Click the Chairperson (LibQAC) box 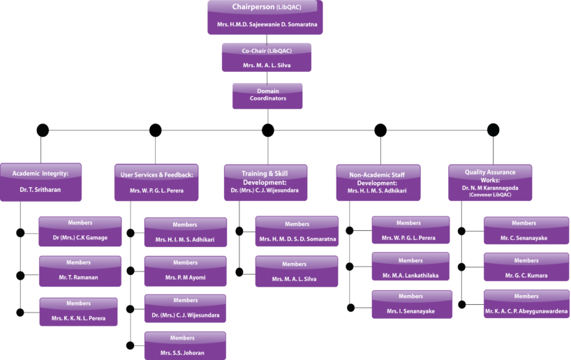pos(265,17)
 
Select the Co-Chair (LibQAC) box pos(266,57)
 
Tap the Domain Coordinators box pos(267,96)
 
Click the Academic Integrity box pos(40,181)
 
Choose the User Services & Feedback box pos(156,182)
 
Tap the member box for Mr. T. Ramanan pos(78,271)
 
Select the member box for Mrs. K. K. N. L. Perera pos(78,311)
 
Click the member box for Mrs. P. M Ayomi pos(185,271)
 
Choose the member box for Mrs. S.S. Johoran pos(185,345)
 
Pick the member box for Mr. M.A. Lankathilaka pos(410,268)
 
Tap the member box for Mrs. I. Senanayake pos(412,304)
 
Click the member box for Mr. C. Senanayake pos(524,230)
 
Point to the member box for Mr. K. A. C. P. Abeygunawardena pos(526,304)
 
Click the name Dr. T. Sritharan pos(40,189)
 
